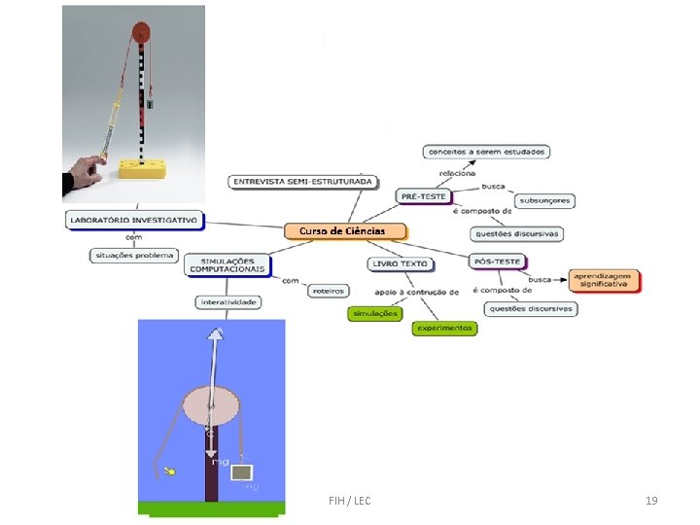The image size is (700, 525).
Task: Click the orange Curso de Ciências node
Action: click(x=345, y=231)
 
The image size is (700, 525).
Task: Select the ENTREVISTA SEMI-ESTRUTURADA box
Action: click(x=301, y=182)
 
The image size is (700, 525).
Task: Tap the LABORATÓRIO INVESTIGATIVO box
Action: click(x=134, y=221)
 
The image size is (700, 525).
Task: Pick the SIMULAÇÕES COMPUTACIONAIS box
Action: click(x=228, y=264)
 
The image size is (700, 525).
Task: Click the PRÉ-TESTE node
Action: click(x=423, y=196)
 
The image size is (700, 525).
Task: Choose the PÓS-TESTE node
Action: click(x=497, y=261)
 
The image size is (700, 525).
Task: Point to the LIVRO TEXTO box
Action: click(x=400, y=263)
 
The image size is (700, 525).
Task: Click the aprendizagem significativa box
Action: click(x=605, y=280)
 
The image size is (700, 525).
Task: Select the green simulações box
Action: click(x=374, y=313)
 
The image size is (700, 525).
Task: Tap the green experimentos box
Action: click(x=444, y=328)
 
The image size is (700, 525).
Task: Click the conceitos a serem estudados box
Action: click(x=486, y=152)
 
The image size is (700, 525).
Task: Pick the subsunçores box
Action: click(x=544, y=201)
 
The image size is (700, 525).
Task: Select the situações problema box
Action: click(x=134, y=256)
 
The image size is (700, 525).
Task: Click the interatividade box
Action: click(x=227, y=302)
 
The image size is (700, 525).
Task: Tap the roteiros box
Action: click(x=327, y=290)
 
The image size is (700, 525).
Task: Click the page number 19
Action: click(x=651, y=501)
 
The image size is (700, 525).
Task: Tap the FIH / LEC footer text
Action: click(x=350, y=501)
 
